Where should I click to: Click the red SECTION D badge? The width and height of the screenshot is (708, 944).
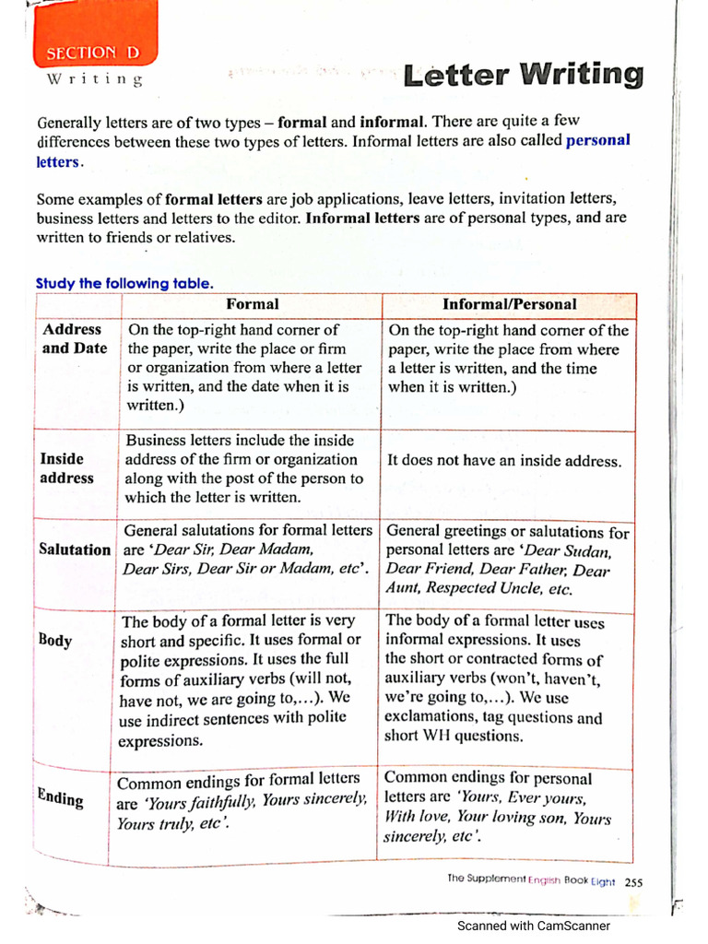[94, 53]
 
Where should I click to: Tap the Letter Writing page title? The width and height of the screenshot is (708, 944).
[523, 76]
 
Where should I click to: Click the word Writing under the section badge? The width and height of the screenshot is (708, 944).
[95, 80]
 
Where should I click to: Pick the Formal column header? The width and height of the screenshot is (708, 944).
[252, 304]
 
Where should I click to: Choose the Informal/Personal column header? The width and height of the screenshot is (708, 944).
[509, 304]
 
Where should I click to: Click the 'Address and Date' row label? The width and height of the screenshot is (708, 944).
[74, 338]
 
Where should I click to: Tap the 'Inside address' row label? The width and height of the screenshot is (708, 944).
[66, 468]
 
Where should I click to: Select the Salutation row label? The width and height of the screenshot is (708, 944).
[75, 549]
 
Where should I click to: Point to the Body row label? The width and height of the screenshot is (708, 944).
[55, 640]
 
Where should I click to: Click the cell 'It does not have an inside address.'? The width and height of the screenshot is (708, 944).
[504, 461]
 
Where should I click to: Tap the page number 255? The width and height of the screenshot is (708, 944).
[634, 882]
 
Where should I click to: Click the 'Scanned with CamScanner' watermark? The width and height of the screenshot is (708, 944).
[534, 926]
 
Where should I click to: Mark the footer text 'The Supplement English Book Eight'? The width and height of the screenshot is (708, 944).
[531, 881]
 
